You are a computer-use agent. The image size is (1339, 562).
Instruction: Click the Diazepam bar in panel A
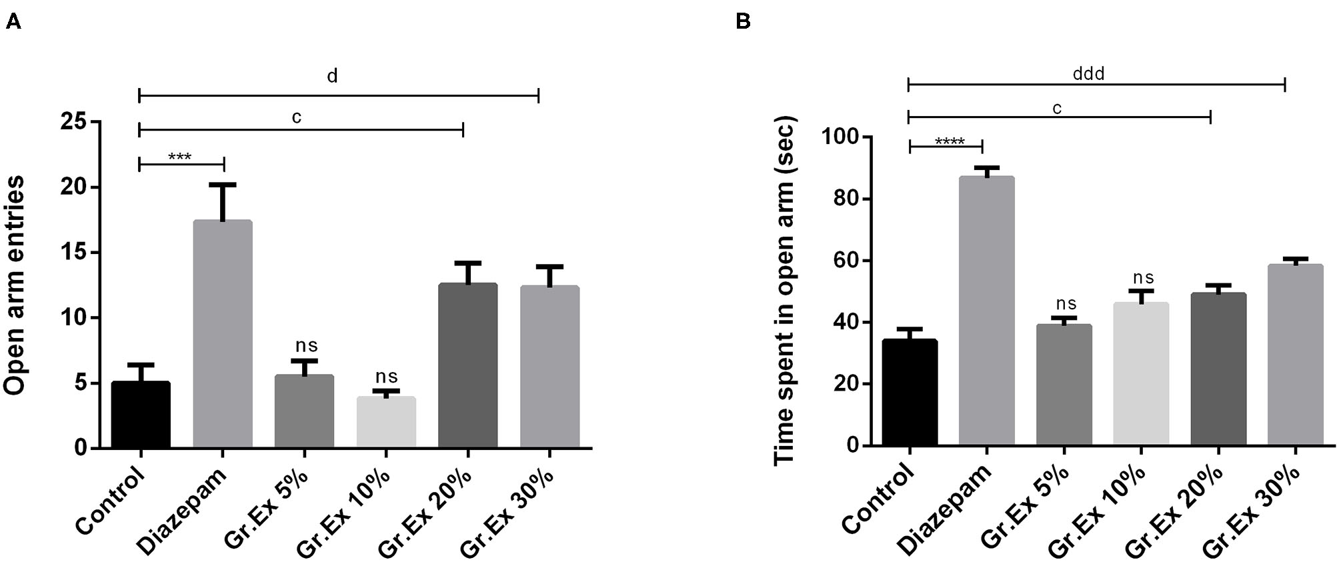(223, 333)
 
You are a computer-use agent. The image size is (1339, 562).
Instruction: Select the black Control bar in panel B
(910, 393)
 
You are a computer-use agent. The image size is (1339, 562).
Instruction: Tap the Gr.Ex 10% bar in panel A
(386, 422)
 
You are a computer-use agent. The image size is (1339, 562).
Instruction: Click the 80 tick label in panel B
(839, 199)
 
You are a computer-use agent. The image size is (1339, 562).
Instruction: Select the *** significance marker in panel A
(180, 158)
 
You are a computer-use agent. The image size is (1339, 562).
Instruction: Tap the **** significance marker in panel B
(950, 142)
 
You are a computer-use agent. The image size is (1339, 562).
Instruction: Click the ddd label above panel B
(1088, 74)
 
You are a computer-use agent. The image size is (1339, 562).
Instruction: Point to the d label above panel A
(332, 77)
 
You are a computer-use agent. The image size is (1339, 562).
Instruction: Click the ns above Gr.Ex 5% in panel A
(306, 345)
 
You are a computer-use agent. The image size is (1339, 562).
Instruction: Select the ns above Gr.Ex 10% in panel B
(1143, 277)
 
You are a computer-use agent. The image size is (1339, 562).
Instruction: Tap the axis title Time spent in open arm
(785, 291)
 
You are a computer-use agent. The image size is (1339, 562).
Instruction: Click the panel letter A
(13, 22)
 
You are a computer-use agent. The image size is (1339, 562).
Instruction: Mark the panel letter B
(743, 22)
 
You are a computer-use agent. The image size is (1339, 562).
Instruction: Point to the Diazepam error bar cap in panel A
(226, 185)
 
